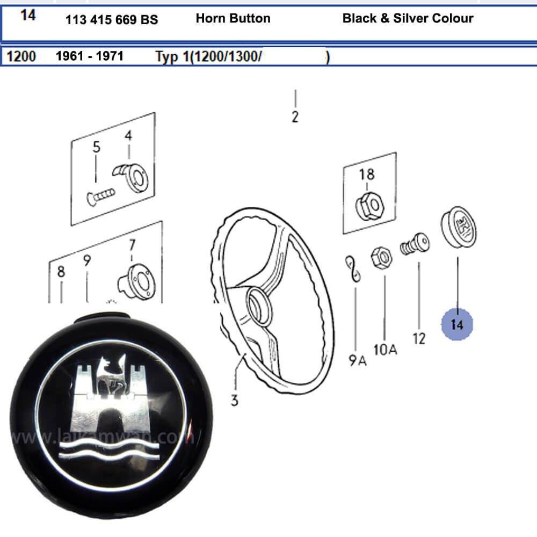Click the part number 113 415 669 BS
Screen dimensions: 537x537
coord(112,20)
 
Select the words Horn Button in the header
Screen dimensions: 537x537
coord(233,18)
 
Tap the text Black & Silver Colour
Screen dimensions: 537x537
coord(408,18)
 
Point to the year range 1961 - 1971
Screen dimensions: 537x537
coord(90,56)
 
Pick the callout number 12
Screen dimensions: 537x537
coord(419,338)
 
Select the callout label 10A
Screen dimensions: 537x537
coord(385,350)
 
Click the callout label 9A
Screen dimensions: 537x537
coord(357,360)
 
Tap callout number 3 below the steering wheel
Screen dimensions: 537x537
coord(234,400)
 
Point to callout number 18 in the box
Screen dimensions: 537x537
coord(367,174)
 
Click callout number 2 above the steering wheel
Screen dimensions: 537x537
coord(295,117)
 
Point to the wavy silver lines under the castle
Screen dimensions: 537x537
coord(112,448)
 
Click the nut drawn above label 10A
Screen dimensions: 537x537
coord(381,258)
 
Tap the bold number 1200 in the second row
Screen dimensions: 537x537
coord(21,56)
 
